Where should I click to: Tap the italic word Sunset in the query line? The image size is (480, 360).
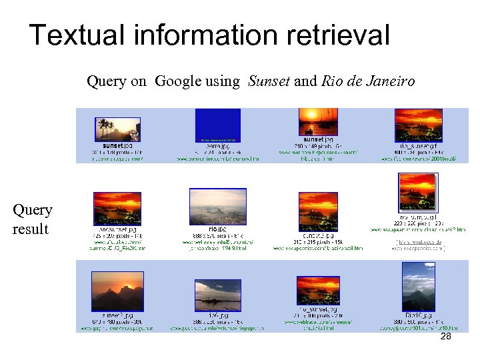pos(269,81)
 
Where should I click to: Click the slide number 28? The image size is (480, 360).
pos(445,337)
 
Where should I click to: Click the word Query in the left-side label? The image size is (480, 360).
pos(32,210)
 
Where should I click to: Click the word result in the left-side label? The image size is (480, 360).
pos(30,229)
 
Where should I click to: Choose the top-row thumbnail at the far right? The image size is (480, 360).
pos(418,125)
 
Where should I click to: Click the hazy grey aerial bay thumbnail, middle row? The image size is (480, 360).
pos(218,207)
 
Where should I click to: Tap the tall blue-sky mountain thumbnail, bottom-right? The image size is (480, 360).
pos(418,286)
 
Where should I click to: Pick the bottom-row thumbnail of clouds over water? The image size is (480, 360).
pos(217,295)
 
